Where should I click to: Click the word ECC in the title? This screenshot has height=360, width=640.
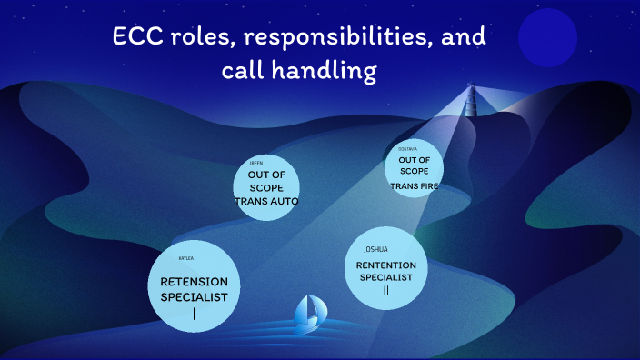point(138,38)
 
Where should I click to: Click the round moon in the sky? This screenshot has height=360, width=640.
point(548,38)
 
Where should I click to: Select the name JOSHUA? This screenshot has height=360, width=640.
point(375,249)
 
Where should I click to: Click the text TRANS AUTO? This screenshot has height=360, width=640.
point(266,200)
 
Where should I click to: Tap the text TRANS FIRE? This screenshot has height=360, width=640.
point(414,186)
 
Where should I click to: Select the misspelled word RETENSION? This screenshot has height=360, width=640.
point(194,282)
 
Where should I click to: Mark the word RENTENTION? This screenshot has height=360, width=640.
point(385,265)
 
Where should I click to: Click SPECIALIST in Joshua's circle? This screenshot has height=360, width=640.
point(385,276)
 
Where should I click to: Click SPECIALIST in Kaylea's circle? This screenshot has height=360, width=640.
point(194,297)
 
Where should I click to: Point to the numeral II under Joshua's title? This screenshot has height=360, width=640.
point(385,290)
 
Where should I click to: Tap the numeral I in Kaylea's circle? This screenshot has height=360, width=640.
point(194,315)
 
